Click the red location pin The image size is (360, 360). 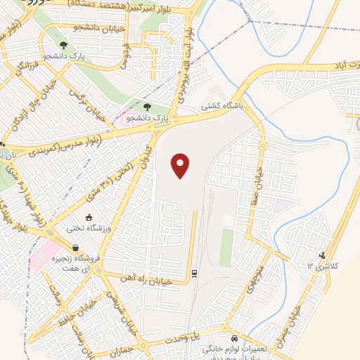[x=181, y=165]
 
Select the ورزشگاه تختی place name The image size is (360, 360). [x=84, y=229]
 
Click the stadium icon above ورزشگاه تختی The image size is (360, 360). [x=89, y=217]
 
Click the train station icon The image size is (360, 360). [x=195, y=271]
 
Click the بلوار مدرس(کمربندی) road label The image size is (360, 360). [x=61, y=146]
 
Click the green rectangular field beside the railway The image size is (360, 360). [x=226, y=245]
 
